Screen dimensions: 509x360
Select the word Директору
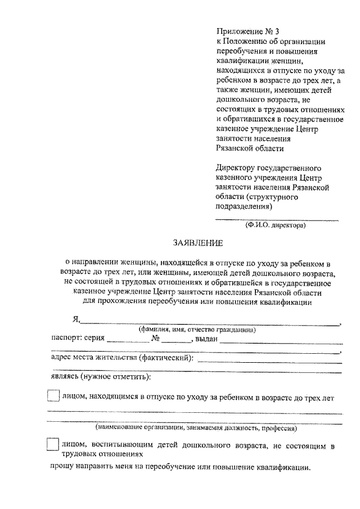236,168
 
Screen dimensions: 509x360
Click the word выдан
206,339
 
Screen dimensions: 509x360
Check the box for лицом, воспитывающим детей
52,444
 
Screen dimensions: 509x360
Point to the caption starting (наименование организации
196,427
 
